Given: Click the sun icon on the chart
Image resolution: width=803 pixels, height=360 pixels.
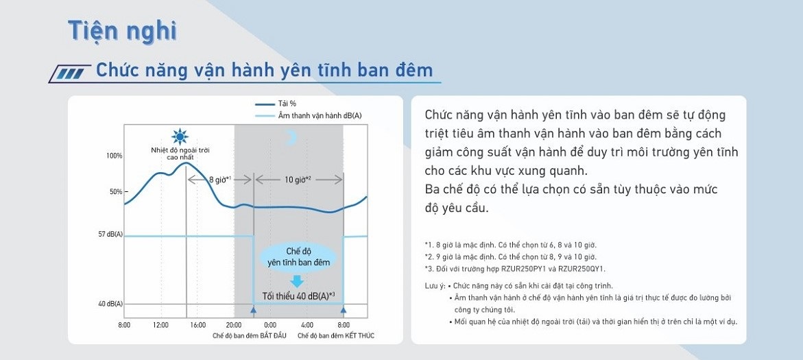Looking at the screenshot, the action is point(180,136).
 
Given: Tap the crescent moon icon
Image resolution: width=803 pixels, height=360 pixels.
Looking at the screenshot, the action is point(291,136).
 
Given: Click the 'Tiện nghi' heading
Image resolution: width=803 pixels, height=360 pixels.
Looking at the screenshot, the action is point(122,32).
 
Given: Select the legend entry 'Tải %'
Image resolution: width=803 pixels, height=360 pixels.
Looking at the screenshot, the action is point(276,104).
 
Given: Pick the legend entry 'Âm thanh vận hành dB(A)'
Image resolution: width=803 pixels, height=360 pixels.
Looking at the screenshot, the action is point(309,116).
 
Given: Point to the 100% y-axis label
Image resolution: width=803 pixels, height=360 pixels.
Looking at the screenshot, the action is point(115,156).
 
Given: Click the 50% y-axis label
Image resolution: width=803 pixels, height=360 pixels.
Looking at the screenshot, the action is point(116,192).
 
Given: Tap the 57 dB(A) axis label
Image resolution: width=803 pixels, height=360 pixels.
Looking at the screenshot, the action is point(110,235).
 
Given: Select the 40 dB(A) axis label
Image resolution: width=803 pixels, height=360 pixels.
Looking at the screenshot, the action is point(110,304).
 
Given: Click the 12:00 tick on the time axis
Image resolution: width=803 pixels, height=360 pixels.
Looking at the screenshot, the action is point(160,325).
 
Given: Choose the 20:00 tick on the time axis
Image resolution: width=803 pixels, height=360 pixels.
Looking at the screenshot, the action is point(234,325).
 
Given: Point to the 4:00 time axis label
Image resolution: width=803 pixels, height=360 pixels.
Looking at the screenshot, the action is point(307,325).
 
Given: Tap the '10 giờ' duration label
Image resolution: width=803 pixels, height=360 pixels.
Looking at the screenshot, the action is point(298,180).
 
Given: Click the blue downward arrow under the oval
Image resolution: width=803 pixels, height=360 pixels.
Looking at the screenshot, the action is point(297,281).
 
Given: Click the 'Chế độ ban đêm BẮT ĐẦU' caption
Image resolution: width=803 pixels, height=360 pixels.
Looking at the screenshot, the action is point(250,336).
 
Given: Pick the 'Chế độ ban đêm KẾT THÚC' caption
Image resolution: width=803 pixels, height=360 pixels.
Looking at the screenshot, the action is point(336,336).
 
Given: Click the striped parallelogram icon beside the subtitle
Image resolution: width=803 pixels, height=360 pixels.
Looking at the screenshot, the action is point(70,74).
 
